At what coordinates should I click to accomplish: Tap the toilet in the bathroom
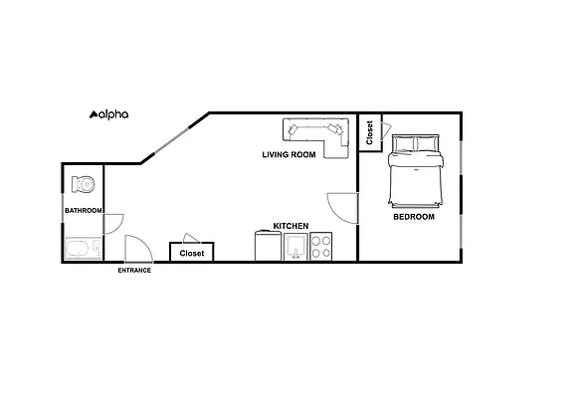(83, 185)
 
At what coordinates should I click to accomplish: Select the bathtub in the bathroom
(83, 248)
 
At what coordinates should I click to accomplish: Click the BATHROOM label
(84, 211)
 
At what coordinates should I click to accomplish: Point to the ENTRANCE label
(134, 271)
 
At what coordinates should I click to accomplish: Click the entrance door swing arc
(135, 247)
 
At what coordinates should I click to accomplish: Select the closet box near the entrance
(191, 253)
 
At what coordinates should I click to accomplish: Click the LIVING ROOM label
(288, 154)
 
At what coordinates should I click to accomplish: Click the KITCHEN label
(290, 227)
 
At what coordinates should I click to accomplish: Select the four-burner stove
(321, 247)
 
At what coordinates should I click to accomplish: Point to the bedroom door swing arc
(341, 206)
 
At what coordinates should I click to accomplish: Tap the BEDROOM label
(414, 216)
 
